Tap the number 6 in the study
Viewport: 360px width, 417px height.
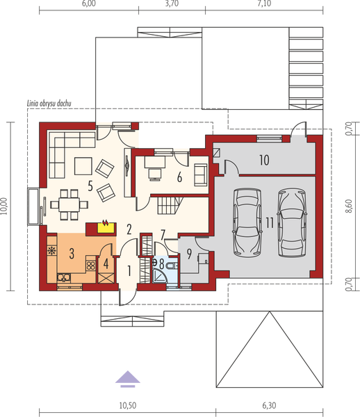coord(179,177)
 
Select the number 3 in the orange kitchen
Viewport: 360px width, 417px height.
coord(72,255)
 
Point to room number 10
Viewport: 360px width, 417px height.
coord(264,160)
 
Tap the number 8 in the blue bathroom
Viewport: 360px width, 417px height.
coord(162,264)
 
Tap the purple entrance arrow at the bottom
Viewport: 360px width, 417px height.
coord(126,376)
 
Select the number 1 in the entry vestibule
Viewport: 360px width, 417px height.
coord(129,270)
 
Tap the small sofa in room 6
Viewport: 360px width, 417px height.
coord(201,171)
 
